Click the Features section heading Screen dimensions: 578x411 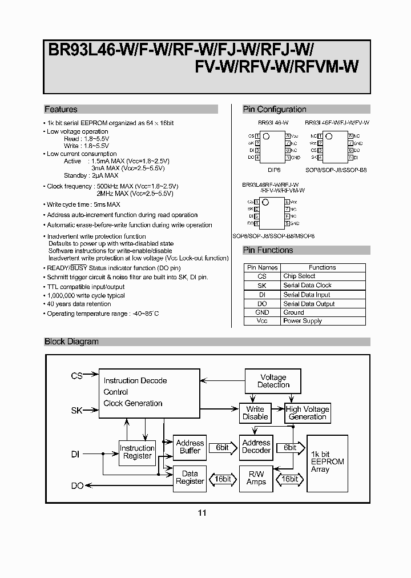pos(61,109)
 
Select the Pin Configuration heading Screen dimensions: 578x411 pos(275,109)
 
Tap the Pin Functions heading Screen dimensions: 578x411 pos(268,250)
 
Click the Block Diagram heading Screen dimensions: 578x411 pos(71,342)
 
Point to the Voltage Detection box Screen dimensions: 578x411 pos(273,381)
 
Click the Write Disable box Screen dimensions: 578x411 pos(255,413)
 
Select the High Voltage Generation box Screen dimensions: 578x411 pos(307,413)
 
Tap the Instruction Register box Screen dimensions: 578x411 pos(136,452)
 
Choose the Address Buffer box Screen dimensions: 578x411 pos(190,447)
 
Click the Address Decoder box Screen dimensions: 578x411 pos(256,447)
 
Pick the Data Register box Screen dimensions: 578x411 pos(190,477)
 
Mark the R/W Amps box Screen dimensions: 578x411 pos(256,477)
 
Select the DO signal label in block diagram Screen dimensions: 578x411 pos(77,485)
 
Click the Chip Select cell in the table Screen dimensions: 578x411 pos(299,276)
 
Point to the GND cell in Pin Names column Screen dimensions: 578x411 pos(262,312)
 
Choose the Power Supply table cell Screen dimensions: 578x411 pos(303,321)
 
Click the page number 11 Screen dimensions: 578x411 pos(202,513)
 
